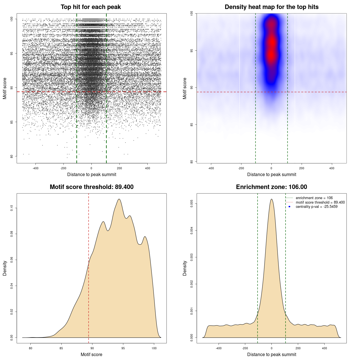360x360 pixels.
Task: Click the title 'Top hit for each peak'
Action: [91, 7]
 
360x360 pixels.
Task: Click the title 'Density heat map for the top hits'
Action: [271, 7]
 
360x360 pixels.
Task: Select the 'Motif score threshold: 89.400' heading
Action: [91, 187]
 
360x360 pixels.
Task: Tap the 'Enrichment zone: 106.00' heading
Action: [271, 187]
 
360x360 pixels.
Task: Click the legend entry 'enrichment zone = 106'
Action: [314, 198]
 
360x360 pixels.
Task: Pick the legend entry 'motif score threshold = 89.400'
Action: [320, 202]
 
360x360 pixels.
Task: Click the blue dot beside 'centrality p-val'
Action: [289, 207]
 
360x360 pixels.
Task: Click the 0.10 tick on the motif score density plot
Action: [12, 208]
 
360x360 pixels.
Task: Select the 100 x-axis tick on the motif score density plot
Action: [154, 348]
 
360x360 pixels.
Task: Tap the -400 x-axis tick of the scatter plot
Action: [35, 168]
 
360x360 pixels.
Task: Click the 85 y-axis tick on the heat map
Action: [192, 125]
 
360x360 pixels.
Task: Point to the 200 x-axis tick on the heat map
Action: [301, 168]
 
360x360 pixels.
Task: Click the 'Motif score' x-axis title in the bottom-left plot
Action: [91, 354]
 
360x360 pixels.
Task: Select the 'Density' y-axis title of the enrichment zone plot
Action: [185, 268]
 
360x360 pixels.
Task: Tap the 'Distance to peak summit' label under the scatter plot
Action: [92, 174]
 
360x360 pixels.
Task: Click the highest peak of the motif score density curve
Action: [119, 199]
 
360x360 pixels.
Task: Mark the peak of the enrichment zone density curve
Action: [271, 199]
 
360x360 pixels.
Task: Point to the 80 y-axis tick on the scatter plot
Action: [12, 156]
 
